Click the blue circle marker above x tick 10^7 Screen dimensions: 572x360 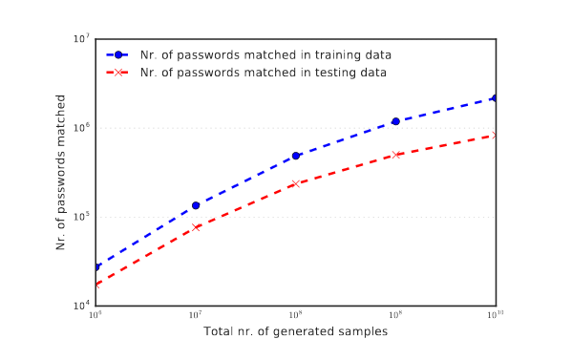click(x=196, y=205)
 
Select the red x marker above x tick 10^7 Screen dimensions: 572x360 click(x=196, y=227)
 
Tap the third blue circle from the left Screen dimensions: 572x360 click(x=296, y=156)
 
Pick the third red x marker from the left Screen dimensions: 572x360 click(x=296, y=184)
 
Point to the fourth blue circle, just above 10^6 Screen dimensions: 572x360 click(x=395, y=121)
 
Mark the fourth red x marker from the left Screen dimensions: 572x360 click(x=396, y=155)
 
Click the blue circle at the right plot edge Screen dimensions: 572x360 click(x=495, y=98)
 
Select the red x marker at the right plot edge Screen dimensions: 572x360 click(x=495, y=136)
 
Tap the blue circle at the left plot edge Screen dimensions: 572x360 click(x=97, y=267)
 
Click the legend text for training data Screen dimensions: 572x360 click(x=265, y=55)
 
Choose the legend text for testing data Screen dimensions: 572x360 click(x=264, y=73)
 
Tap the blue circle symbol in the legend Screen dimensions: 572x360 click(x=117, y=55)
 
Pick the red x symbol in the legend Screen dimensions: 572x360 click(x=117, y=73)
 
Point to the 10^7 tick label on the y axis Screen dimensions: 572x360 click(x=82, y=38)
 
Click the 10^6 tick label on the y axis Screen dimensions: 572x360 click(x=82, y=127)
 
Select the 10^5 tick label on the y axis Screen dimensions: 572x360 click(x=82, y=217)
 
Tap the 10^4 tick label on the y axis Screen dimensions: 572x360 click(x=82, y=306)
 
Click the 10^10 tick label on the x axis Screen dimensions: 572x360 click(x=496, y=315)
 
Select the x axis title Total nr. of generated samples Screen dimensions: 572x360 click(x=295, y=331)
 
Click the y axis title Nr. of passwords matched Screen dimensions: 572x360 click(x=60, y=172)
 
